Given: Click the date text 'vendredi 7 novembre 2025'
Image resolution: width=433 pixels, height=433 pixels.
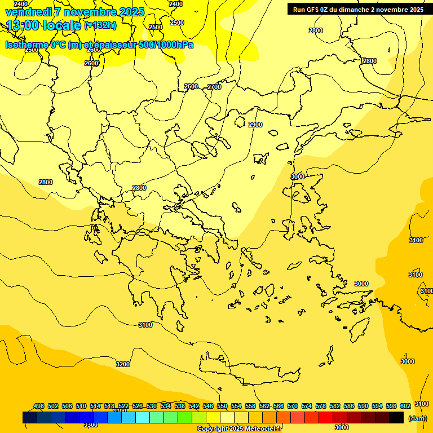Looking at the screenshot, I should coord(75,12).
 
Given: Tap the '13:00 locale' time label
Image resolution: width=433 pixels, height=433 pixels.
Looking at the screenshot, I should coord(43,25).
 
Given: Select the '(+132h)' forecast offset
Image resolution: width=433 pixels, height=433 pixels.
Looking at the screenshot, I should coord(100,25).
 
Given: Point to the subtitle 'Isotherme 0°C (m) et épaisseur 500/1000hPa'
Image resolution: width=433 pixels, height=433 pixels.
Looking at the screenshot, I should coord(99,45).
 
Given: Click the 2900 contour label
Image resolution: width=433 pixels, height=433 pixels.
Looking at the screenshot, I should coord(255,125).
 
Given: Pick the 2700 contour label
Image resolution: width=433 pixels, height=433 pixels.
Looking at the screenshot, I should coord(214,87).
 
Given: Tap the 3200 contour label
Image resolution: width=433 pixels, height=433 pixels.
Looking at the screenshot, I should coord(122,364).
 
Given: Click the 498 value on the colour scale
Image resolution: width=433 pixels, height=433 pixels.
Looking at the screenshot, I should coord(39,406).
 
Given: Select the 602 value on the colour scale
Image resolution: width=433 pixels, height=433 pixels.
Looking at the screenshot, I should coord(405,406).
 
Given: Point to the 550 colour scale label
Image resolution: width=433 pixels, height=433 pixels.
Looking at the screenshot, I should coord(222,406).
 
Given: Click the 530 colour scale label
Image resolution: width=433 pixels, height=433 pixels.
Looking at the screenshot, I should coord(152,406).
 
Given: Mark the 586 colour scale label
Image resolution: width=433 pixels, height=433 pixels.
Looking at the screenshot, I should coord(349,406).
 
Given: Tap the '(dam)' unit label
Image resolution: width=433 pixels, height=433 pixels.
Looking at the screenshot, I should coord(418,418).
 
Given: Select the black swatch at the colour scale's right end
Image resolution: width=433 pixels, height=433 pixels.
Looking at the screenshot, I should coord(396,417).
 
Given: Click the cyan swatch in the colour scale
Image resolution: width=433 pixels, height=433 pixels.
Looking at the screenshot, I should coord(142,417).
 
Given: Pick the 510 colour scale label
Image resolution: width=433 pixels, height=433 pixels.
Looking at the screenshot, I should coord(81,406).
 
